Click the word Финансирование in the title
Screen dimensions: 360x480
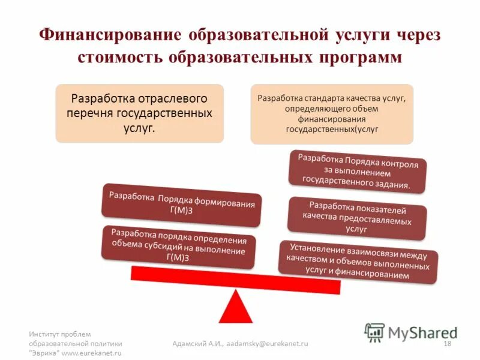tap(110, 34)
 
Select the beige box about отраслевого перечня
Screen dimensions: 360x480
tap(139, 113)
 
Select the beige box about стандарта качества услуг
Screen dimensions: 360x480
tap(331, 113)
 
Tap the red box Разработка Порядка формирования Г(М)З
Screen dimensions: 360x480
tap(181, 204)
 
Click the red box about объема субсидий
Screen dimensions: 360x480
tap(179, 245)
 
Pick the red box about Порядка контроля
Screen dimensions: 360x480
tap(358, 172)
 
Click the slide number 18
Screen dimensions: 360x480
tap(446, 343)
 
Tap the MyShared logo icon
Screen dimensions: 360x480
tap(374, 332)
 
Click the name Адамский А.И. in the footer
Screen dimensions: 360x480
tap(193, 343)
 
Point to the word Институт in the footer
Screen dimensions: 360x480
tap(46, 334)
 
